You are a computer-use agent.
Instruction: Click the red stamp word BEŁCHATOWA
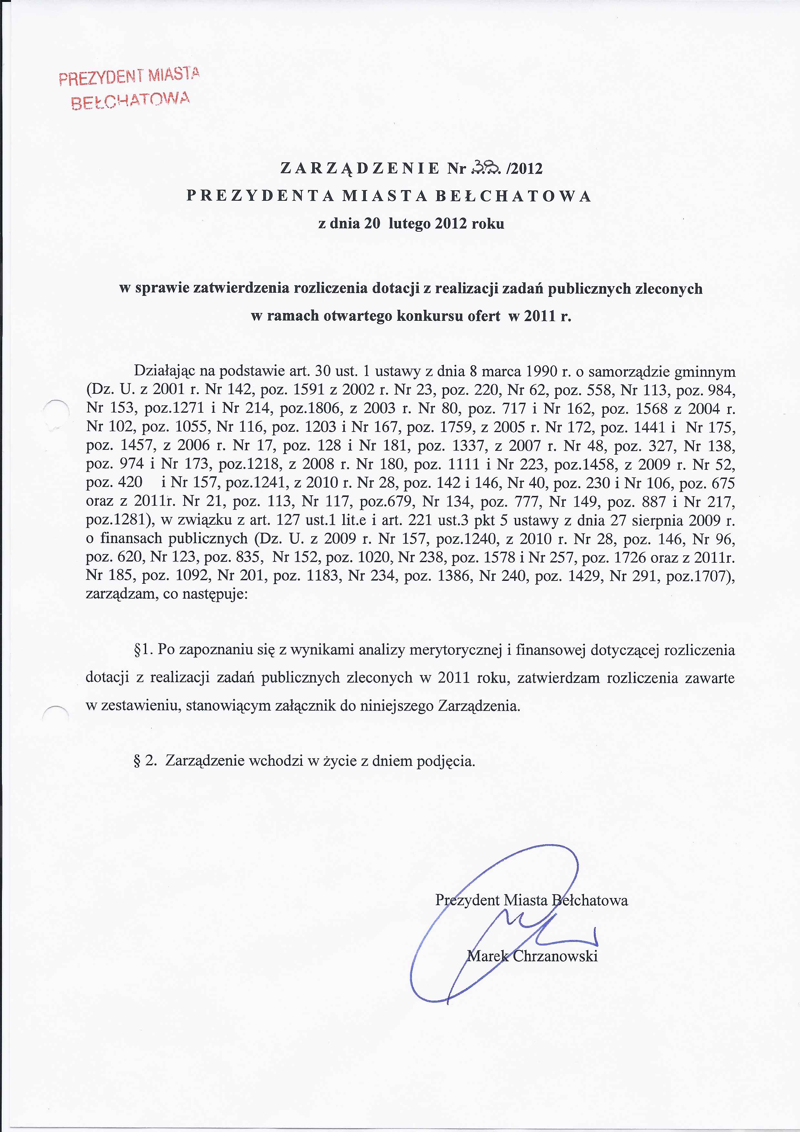click(130, 101)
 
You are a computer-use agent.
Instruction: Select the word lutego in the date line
click(409, 224)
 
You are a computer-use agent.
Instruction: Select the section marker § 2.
click(145, 761)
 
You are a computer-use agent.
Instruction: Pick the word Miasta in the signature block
click(525, 900)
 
